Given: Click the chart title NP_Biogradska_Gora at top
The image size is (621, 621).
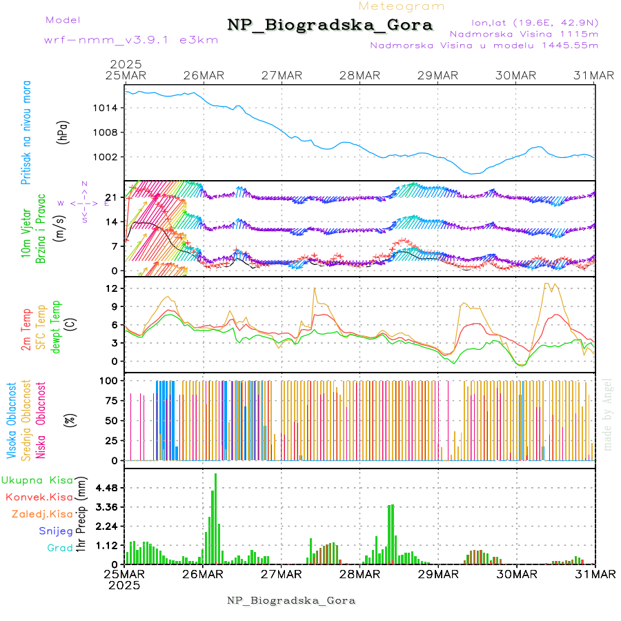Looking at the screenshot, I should (330, 26).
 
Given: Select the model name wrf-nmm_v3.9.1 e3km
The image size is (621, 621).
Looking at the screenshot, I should (131, 39).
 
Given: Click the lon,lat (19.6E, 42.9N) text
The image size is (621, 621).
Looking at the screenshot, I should (534, 22).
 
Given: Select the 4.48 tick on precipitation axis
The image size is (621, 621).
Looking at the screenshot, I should (105, 488).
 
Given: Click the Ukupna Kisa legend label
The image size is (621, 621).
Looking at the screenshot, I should (37, 480).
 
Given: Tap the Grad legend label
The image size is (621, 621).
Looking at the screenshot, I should (59, 548).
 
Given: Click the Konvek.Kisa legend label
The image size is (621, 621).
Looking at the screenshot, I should (39, 497).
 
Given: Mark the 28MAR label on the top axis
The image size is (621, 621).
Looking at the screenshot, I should (359, 75).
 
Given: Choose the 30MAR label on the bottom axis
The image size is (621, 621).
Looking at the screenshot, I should (517, 573).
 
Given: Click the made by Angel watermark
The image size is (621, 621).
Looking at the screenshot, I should (608, 414).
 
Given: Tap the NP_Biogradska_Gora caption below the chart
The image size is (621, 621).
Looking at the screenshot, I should (291, 600).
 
